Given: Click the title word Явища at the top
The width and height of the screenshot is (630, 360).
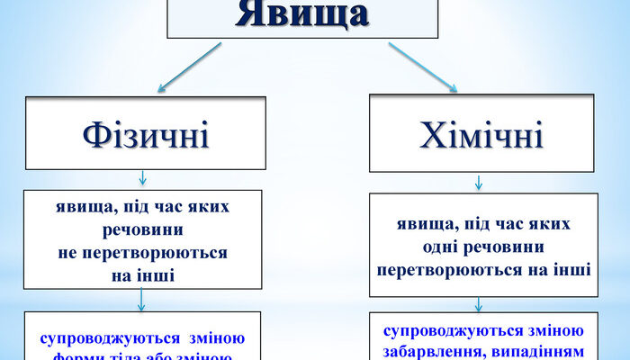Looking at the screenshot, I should [302, 15].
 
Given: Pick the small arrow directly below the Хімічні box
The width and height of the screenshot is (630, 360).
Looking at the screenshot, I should [479, 182].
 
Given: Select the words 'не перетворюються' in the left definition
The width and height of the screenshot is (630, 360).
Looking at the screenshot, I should [144, 254].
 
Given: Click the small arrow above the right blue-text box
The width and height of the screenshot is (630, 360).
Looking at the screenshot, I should [479, 304].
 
